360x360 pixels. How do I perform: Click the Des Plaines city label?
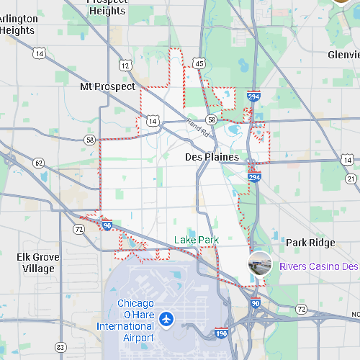(x=212, y=157)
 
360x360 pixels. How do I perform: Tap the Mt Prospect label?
(x=107, y=86)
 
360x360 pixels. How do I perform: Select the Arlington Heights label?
(x=17, y=24)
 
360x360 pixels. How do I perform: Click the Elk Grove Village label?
(x=38, y=263)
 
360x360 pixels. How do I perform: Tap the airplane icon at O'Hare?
(x=167, y=317)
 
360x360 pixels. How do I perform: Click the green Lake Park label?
(x=196, y=240)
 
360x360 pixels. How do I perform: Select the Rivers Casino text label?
(x=318, y=266)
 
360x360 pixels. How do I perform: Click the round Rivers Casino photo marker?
(x=260, y=264)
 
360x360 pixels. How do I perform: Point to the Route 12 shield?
(x=126, y=66)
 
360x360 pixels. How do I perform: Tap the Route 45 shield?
(x=199, y=64)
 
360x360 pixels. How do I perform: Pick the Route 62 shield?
(x=39, y=163)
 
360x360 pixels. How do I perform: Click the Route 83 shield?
(x=60, y=347)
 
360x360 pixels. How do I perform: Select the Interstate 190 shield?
(x=222, y=333)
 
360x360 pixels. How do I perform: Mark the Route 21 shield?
(x=351, y=178)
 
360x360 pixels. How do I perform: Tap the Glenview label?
(x=343, y=55)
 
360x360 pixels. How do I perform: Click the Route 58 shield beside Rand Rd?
(x=211, y=120)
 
